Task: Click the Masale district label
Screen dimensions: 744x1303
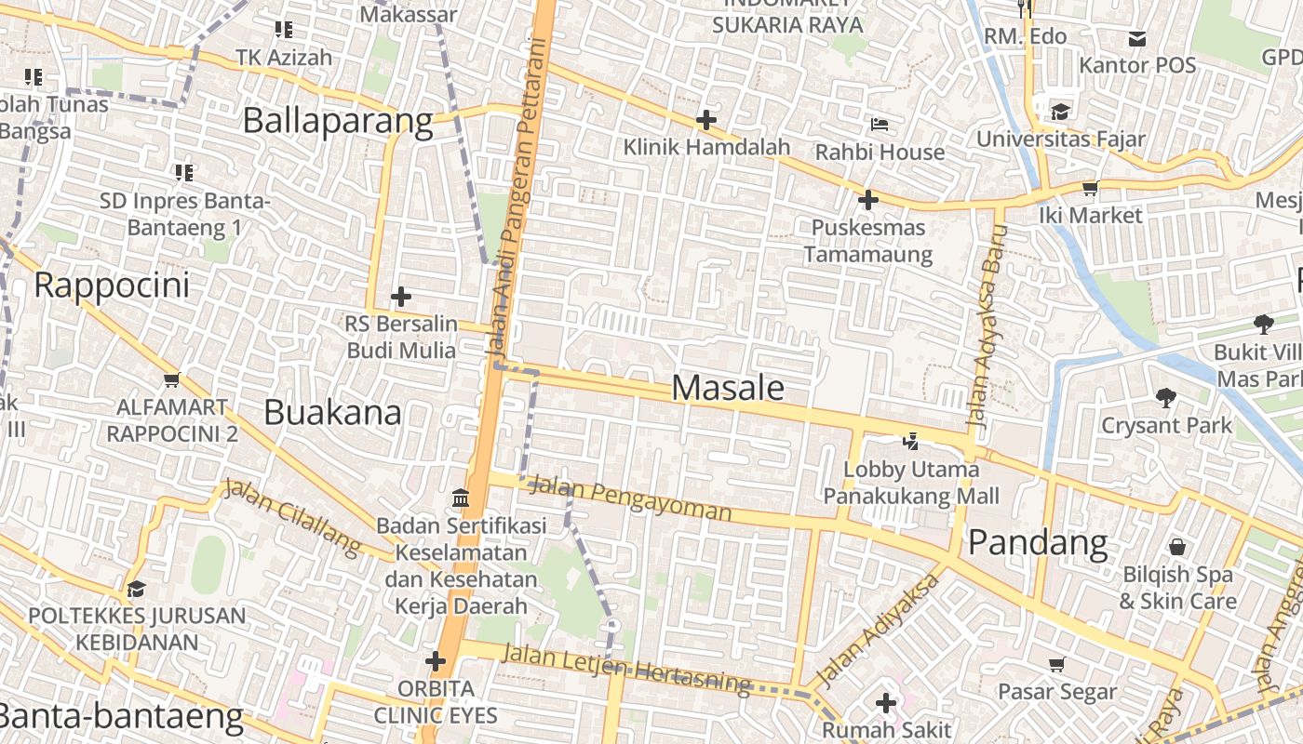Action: (x=728, y=388)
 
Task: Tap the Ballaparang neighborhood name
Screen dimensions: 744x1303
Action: (x=338, y=122)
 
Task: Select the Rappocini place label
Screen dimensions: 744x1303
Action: (x=112, y=286)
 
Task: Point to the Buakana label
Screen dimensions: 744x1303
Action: (x=332, y=412)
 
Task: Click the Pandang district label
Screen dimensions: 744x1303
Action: (x=1038, y=542)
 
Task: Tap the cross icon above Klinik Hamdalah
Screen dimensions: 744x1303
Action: (x=706, y=120)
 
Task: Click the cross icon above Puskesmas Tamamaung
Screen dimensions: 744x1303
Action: (x=867, y=200)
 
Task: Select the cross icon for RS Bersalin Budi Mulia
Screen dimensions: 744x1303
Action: (x=401, y=297)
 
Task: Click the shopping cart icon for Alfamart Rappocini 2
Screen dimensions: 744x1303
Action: (x=171, y=379)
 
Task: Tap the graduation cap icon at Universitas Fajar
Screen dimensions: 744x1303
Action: (x=1060, y=113)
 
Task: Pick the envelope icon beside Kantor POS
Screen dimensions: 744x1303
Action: (x=1137, y=39)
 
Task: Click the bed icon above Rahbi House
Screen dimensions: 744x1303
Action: (x=880, y=125)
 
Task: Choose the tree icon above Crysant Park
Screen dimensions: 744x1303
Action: (x=1165, y=398)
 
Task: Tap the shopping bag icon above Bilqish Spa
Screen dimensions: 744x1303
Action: (x=1177, y=547)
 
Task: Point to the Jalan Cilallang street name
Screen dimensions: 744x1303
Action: (x=291, y=518)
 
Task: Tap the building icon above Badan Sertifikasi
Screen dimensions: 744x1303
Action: (x=461, y=498)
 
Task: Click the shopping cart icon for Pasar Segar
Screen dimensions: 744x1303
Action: (x=1056, y=664)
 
